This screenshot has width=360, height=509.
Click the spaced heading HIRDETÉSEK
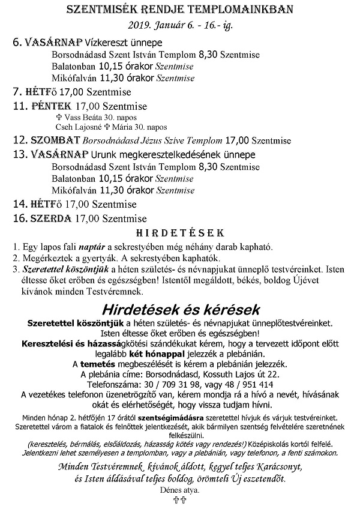(x=180, y=233)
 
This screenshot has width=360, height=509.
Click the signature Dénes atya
(x=180, y=490)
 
